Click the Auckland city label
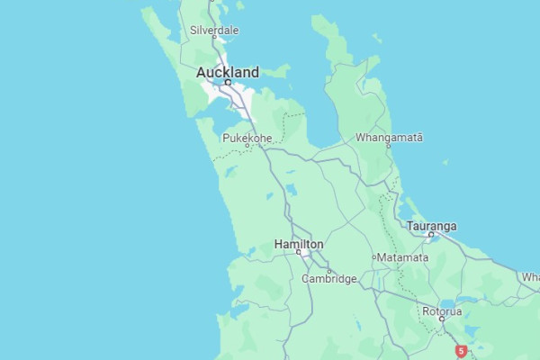[x=228, y=72]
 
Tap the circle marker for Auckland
[x=228, y=83]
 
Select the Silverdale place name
[x=214, y=30]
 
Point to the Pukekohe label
[x=247, y=138]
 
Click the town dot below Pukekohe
[x=247, y=146]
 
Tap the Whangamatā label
[x=389, y=138]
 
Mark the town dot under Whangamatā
[x=390, y=146]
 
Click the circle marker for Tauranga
[x=431, y=235]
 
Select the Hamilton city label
[x=299, y=244]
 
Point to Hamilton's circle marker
[x=299, y=253]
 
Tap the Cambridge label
[x=329, y=279]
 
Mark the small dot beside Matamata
[x=374, y=257]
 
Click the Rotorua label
[x=442, y=310]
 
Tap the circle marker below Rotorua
[x=442, y=319]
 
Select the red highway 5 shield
[x=461, y=351]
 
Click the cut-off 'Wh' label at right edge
[x=530, y=277]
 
